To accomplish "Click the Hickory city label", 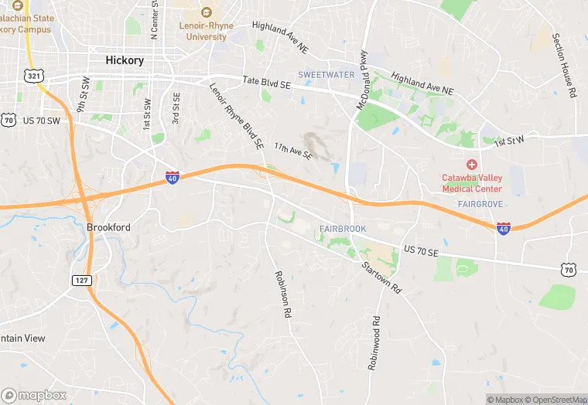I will (x=124, y=60).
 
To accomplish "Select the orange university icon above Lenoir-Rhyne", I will (x=206, y=12).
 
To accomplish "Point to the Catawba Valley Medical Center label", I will (x=472, y=182).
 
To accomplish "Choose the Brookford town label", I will (x=108, y=227).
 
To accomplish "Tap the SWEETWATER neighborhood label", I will (x=326, y=75).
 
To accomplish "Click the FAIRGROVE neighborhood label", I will (x=480, y=204).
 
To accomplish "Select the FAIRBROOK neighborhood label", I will (x=343, y=229).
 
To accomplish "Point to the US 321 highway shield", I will (x=33, y=76).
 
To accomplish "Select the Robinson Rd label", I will (x=282, y=295).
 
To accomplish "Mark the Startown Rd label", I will (x=381, y=277).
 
